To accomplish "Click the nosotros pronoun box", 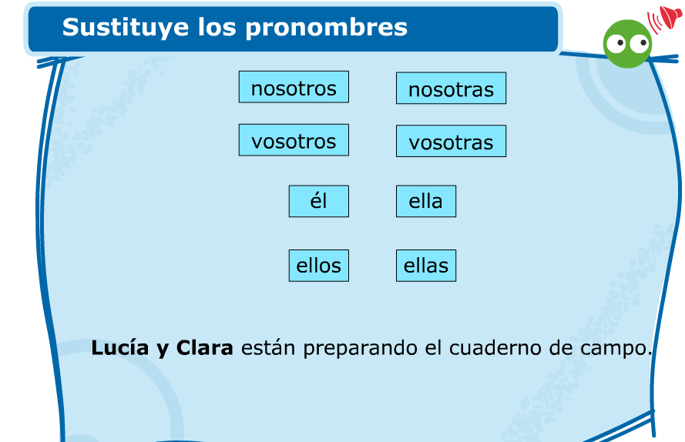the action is tap(294, 87).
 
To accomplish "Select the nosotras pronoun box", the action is tap(451, 89).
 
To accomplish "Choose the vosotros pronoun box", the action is tap(294, 140).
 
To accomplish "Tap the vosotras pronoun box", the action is tap(451, 141).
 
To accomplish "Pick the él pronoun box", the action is tap(318, 201).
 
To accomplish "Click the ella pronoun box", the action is tap(426, 201).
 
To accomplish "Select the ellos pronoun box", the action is tap(318, 266).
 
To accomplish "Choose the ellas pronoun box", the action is tap(426, 266).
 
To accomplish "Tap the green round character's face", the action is tap(627, 44).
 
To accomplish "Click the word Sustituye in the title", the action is tap(126, 28).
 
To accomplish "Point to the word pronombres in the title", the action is tap(327, 28).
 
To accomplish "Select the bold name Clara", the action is tap(204, 347).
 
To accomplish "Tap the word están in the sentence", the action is tap(268, 347).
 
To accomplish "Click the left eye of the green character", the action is tap(616, 44).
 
